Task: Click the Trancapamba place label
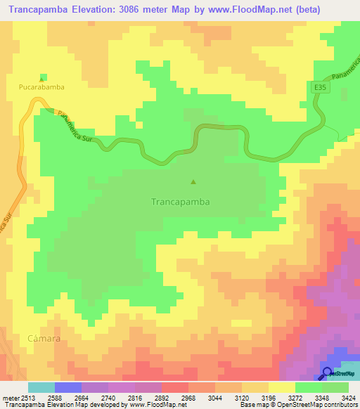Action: [181, 201]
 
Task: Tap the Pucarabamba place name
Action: [41, 87]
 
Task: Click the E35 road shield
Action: [321, 87]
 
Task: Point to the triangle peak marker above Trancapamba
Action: [193, 182]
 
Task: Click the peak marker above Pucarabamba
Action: [43, 77]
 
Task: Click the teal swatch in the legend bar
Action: [41, 387]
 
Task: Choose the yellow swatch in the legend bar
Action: [282, 387]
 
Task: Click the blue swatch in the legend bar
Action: [68, 387]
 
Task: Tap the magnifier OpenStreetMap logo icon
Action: [328, 372]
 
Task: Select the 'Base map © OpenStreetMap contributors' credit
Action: [298, 405]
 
